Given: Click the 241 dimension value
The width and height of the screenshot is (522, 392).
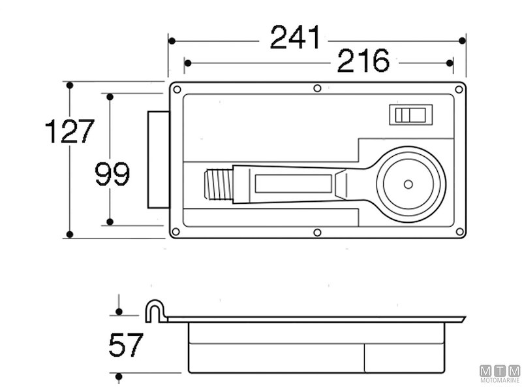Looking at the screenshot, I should coord(296,37).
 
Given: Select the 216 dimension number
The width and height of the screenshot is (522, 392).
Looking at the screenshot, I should coord(363,61).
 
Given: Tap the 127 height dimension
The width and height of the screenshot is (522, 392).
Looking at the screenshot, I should coord(70,131).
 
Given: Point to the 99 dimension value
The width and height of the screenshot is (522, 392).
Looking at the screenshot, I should coord(112,174).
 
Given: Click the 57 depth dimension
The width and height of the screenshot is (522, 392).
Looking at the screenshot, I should coord(126,345).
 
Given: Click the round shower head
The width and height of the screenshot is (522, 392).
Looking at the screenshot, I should coord(408,184).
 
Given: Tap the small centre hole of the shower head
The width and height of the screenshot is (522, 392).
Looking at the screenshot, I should coord(408,184).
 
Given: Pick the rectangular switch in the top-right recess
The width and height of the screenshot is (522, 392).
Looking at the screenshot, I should coord(410,115).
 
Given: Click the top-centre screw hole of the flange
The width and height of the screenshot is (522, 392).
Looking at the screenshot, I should coord(317,88).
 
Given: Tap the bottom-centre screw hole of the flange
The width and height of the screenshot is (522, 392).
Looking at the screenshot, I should coord(317,233).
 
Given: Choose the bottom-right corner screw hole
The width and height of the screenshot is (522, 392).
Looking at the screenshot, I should coord(459,231).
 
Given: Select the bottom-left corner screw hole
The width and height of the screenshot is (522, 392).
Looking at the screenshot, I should coord(176,231).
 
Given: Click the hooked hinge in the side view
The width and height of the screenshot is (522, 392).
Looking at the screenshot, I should coord(154,311).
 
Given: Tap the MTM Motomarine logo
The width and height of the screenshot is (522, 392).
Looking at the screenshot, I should coord(500,373).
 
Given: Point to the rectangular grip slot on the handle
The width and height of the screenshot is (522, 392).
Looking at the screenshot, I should coord(293,184).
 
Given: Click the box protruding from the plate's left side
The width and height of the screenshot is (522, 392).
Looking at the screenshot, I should coord(158,159).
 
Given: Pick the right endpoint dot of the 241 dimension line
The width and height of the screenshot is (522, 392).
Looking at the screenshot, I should coord(462,41).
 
